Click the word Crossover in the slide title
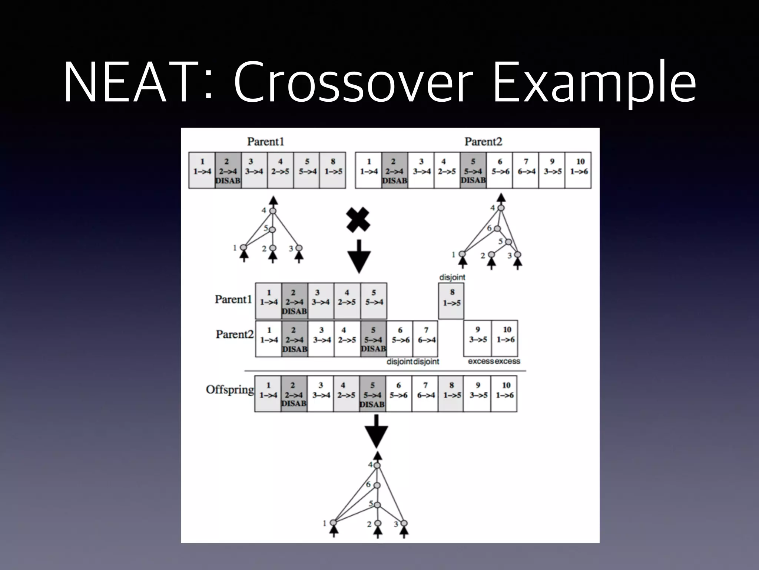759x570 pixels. tap(354, 82)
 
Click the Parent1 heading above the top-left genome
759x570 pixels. tap(265, 141)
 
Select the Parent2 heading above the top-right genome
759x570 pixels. tap(483, 141)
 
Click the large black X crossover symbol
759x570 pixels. tap(358, 219)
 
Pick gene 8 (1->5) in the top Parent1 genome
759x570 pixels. tap(333, 170)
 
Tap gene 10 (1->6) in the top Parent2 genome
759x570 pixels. tap(579, 170)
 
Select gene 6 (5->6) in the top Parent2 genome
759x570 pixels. tap(500, 170)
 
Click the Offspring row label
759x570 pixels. tap(230, 390)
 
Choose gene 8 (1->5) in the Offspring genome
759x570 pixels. tap(451, 393)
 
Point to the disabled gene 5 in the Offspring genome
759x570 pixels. tap(372, 393)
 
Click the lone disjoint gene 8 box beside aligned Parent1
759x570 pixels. tap(451, 301)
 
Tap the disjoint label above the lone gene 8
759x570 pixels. tap(452, 277)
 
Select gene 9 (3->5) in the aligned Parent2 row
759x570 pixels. tap(478, 338)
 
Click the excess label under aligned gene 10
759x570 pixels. tap(508, 361)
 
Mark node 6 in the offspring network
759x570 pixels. tap(377, 485)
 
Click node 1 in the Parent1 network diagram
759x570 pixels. tap(243, 247)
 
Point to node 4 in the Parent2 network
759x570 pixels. tap(501, 208)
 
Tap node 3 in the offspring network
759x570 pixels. tap(404, 523)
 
